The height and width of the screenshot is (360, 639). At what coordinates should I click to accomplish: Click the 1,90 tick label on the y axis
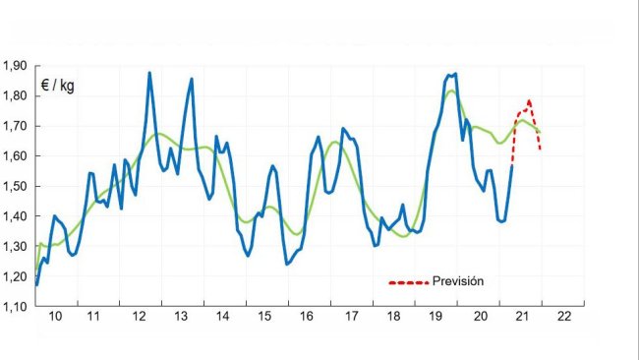point(15,66)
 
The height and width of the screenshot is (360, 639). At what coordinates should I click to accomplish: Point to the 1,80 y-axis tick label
point(15,96)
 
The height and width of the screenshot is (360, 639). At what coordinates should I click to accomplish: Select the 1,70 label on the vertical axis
point(15,126)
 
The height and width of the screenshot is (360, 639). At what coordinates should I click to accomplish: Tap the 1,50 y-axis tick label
point(15,186)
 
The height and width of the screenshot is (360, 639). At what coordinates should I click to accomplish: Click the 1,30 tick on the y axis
point(15,246)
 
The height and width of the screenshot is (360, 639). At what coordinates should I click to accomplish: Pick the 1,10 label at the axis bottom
point(15,306)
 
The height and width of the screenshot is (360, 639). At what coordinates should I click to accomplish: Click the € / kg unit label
point(57,86)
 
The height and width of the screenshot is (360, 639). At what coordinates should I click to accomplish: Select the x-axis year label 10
point(55,318)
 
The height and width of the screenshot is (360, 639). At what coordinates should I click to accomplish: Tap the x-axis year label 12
point(139,318)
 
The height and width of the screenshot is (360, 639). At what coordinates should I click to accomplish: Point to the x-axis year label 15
point(264,318)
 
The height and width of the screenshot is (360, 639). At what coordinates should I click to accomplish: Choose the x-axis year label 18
point(394,318)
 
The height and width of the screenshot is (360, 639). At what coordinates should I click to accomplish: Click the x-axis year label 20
point(481,318)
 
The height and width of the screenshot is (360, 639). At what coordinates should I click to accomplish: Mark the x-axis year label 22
point(564,318)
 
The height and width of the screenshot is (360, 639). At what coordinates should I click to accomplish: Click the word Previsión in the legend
point(458,281)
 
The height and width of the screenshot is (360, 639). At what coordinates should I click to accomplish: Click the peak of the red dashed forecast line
point(529,100)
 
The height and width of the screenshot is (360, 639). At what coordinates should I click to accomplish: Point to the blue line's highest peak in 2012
point(149,73)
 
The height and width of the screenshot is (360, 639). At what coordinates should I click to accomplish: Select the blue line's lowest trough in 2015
point(287,264)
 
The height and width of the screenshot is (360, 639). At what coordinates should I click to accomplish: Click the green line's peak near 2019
point(450,91)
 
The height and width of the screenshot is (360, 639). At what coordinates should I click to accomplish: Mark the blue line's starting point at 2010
point(36,284)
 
